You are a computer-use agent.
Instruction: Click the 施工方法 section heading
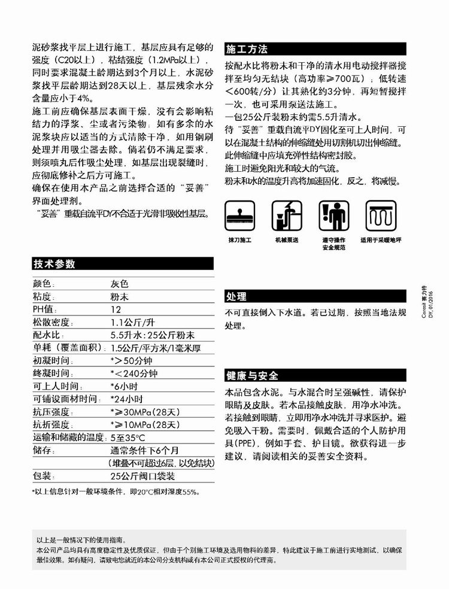tap(247, 50)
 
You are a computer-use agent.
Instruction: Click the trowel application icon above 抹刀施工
tap(239, 215)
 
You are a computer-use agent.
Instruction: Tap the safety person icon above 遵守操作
tap(333, 215)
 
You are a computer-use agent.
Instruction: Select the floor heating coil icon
tap(381, 215)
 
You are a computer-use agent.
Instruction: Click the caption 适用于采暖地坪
tap(381, 240)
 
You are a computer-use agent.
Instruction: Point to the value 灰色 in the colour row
tap(119, 284)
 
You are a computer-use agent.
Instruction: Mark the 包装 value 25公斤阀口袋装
tap(143, 476)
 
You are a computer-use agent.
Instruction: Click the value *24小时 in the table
tap(126, 399)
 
